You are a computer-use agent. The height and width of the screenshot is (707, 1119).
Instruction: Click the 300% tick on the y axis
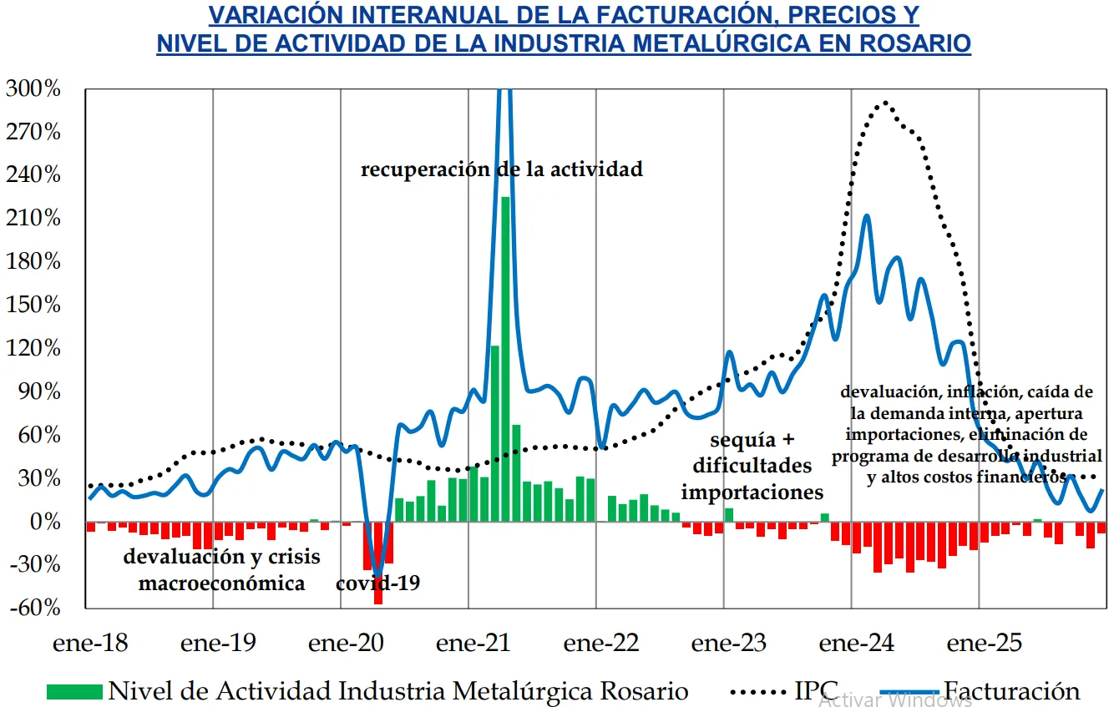tap(33, 88)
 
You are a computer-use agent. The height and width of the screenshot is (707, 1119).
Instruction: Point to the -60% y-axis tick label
tap(33, 609)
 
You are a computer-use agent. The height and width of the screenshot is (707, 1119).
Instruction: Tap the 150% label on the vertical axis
tap(33, 305)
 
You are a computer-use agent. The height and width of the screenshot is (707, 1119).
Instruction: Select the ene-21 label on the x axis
tap(473, 644)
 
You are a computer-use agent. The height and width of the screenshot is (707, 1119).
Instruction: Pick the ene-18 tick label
tap(90, 644)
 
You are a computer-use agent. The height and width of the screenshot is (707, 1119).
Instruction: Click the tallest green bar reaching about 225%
tap(505, 359)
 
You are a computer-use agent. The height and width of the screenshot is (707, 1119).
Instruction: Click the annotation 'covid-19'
tap(377, 583)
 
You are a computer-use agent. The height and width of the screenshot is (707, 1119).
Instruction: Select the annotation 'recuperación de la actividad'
tap(502, 169)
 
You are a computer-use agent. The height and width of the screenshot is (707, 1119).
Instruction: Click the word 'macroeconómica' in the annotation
tap(221, 583)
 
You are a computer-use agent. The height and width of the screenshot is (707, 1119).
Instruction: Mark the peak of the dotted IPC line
tap(884, 103)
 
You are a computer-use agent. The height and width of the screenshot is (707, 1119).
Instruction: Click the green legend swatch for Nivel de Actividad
tap(75, 691)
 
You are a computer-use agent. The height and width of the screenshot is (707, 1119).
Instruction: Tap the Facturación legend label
tap(1011, 691)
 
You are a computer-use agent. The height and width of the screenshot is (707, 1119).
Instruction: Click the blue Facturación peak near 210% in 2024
tap(867, 215)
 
